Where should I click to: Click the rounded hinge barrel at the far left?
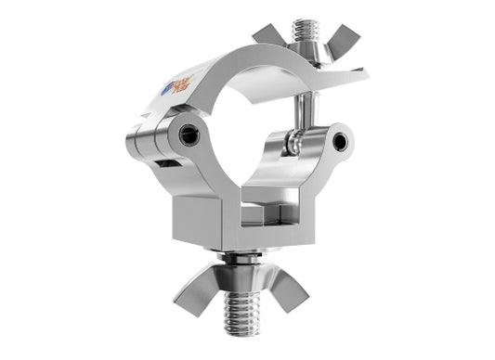tap(139, 139)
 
